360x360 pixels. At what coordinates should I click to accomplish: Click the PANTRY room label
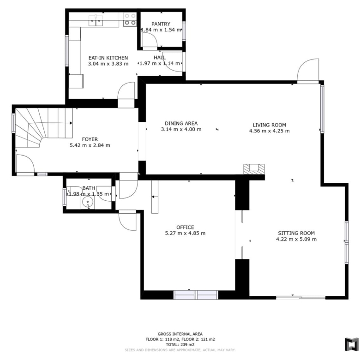[x=161, y=24]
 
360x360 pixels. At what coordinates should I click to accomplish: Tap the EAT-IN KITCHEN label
[x=108, y=58]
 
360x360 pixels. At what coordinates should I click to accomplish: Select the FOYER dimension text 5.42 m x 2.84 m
[x=90, y=145]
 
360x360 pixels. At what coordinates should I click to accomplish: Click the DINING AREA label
[x=181, y=123]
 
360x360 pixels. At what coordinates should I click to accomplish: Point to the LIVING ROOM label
[x=270, y=125]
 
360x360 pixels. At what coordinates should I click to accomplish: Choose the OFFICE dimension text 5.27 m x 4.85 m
[x=185, y=233]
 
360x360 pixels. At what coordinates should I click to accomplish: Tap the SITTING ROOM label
[x=296, y=233]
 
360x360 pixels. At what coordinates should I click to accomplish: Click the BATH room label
[x=89, y=188]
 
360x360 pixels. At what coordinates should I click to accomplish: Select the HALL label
[x=160, y=57]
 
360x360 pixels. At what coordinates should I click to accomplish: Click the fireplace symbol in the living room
[x=254, y=169]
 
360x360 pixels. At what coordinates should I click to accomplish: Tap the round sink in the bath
[x=88, y=202]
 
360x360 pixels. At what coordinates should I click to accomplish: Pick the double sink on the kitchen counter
[x=96, y=21]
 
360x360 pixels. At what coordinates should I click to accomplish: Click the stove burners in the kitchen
[x=130, y=19]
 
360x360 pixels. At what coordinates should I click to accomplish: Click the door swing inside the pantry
[x=150, y=41]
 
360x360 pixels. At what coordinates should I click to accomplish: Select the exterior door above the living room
[x=308, y=71]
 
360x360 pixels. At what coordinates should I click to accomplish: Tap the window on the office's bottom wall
[x=196, y=295]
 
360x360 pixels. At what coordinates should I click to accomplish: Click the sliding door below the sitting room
[x=300, y=298]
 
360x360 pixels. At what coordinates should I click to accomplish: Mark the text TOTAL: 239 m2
[x=180, y=344]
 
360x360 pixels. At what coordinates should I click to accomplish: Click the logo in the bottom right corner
[x=352, y=344]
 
